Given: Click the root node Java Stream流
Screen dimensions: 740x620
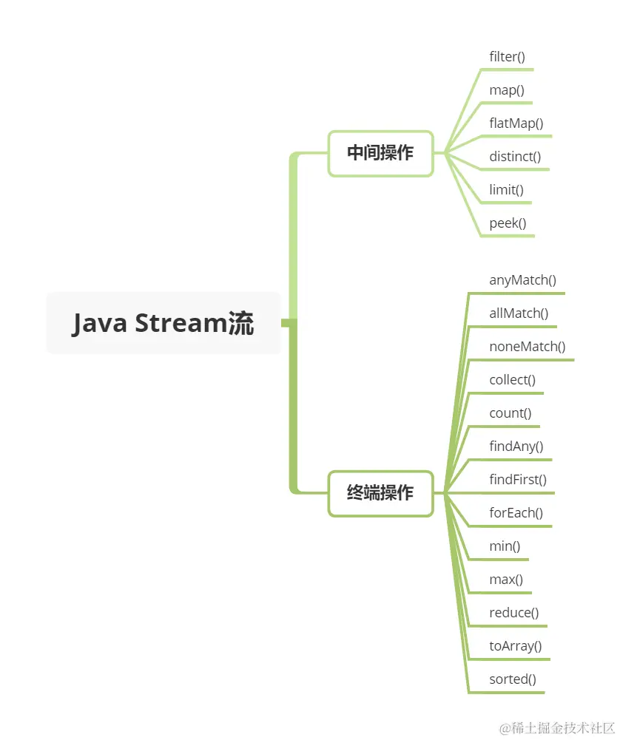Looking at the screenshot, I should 164,324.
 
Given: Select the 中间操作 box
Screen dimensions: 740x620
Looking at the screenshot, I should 380,154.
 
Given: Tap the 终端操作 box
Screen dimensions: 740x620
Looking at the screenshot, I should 380,493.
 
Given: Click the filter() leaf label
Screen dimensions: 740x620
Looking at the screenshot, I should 507,57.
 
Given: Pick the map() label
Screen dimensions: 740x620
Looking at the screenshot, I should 507,90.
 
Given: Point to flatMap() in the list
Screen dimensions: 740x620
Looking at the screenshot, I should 516,123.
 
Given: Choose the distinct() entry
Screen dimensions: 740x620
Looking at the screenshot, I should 515,157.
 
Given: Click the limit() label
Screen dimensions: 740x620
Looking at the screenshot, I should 506,190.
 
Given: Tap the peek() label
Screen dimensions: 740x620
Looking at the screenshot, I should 508,223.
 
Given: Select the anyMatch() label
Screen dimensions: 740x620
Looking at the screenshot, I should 522,280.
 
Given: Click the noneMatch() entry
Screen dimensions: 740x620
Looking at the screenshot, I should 527,347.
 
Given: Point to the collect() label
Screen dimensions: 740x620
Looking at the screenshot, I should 512,380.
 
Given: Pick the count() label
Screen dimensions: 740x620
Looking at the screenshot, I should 511,413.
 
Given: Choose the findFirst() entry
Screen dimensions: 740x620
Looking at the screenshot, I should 518,480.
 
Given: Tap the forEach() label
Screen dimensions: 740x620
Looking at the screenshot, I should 516,513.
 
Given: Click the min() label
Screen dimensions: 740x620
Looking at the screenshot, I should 505,546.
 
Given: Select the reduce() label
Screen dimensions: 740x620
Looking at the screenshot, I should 513,613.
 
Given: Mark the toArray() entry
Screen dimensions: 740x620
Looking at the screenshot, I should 515,646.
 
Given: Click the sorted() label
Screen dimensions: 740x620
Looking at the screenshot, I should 513,679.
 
